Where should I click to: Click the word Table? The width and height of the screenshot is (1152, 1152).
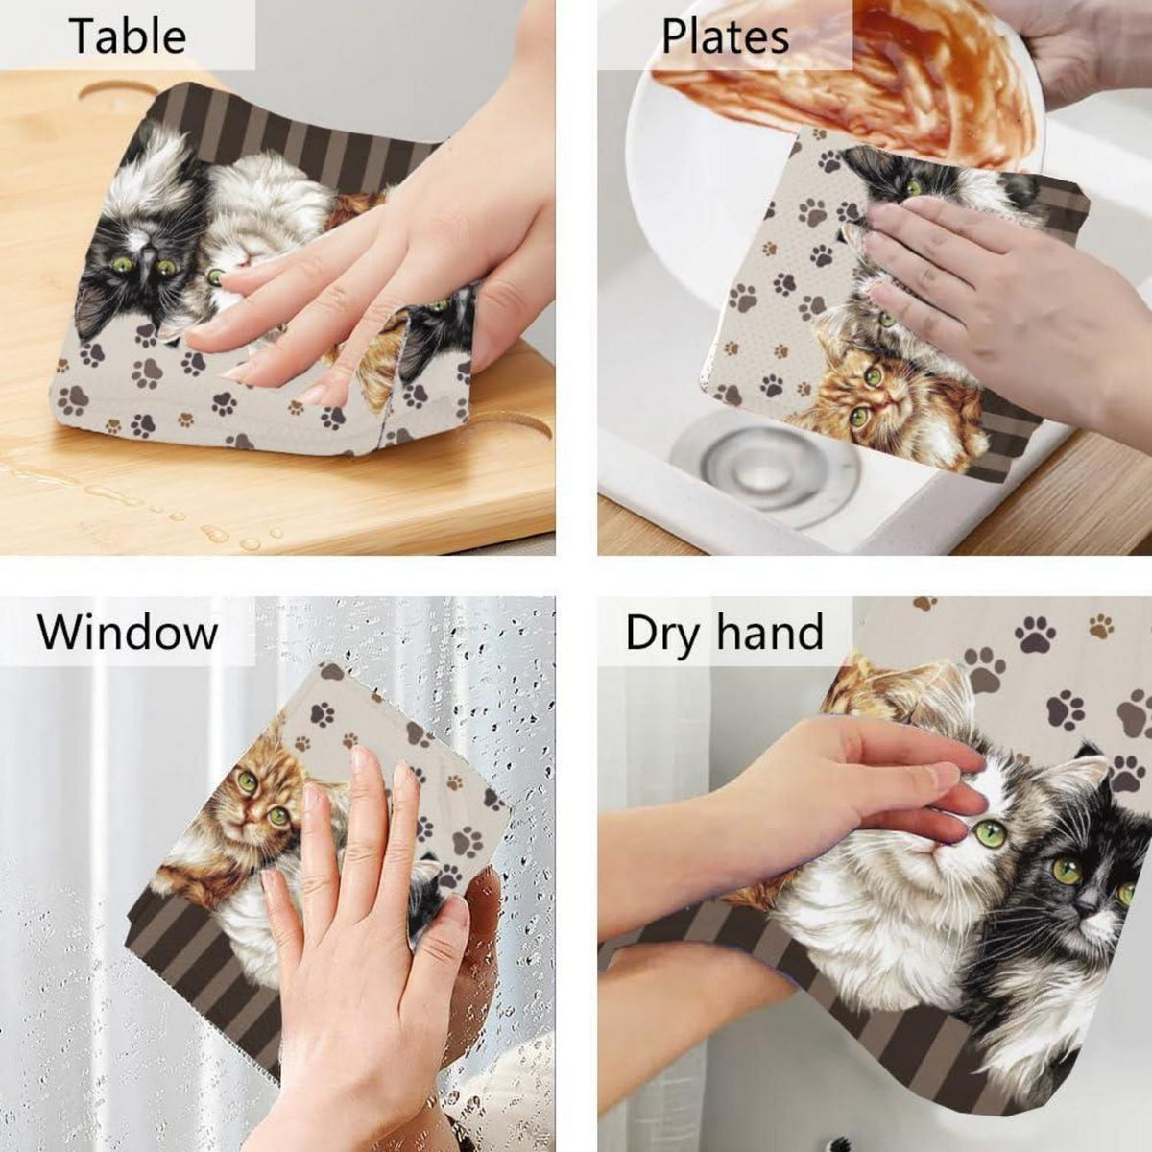click(x=127, y=36)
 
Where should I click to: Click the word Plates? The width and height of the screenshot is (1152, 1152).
click(x=725, y=37)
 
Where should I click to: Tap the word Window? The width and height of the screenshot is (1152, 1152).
click(x=128, y=632)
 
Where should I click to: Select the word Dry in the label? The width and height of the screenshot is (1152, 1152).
click(x=661, y=635)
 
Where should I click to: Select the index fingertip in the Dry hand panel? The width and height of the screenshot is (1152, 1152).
click(x=972, y=760)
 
